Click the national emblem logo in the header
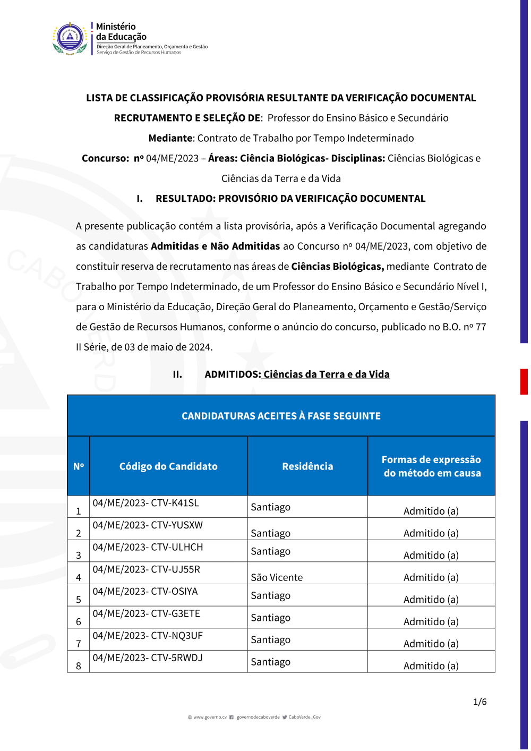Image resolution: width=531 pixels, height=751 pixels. coord(70,38)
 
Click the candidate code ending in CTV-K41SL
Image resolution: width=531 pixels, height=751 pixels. coord(145,503)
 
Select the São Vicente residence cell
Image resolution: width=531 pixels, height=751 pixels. coord(277,577)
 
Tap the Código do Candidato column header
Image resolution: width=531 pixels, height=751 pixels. coord(168,466)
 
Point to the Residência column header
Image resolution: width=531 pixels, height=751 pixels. coord(307,466)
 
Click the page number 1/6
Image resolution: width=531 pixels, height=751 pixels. coord(479,702)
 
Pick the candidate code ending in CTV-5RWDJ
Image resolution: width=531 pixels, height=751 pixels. coord(148,658)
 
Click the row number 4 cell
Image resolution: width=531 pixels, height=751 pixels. coord(79,577)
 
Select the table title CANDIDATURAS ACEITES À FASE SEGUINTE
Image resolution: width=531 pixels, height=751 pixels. coord(281,416)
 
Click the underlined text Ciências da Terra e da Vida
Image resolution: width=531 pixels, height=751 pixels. coord(326,374)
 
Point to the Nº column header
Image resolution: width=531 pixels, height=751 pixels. coord(79,466)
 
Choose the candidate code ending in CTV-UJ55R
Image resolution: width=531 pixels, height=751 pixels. coord(146,569)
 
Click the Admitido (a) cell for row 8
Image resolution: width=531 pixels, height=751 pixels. coord(431,665)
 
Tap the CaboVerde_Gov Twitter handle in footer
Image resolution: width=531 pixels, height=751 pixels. coord(304,717)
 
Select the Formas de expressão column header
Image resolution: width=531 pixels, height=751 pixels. coord(431,466)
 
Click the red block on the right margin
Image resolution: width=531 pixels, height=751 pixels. coord(524,381)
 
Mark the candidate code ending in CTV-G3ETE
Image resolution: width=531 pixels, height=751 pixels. coord(146,613)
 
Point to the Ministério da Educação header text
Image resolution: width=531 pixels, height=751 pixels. coord(121,32)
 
